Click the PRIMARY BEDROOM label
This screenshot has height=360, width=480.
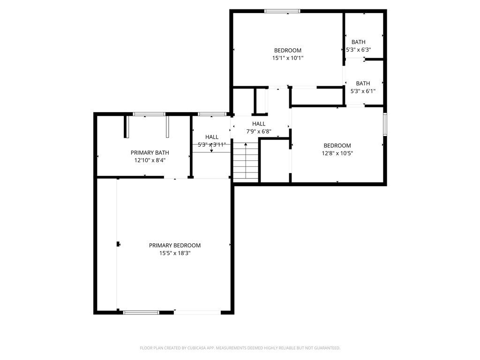[174, 245]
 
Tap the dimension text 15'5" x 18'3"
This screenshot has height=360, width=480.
[174, 253]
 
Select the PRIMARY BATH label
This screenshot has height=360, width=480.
[150, 152]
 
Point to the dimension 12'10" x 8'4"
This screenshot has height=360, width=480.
[150, 160]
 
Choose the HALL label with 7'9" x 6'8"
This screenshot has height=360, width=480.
[259, 124]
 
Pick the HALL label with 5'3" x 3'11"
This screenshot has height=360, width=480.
[211, 137]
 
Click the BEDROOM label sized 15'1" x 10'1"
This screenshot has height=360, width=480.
[287, 51]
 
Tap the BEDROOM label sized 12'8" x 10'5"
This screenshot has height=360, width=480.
[337, 146]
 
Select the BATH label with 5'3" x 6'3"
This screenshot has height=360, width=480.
[358, 42]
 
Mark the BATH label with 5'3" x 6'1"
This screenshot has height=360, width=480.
[363, 83]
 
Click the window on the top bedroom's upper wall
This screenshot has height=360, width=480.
[282, 11]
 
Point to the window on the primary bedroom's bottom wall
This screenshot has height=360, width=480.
[141, 312]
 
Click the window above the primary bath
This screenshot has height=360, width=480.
[149, 114]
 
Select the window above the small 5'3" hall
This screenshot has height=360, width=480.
[211, 114]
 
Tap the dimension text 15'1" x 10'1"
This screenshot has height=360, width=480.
[287, 58]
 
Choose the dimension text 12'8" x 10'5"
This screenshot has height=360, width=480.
[337, 153]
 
